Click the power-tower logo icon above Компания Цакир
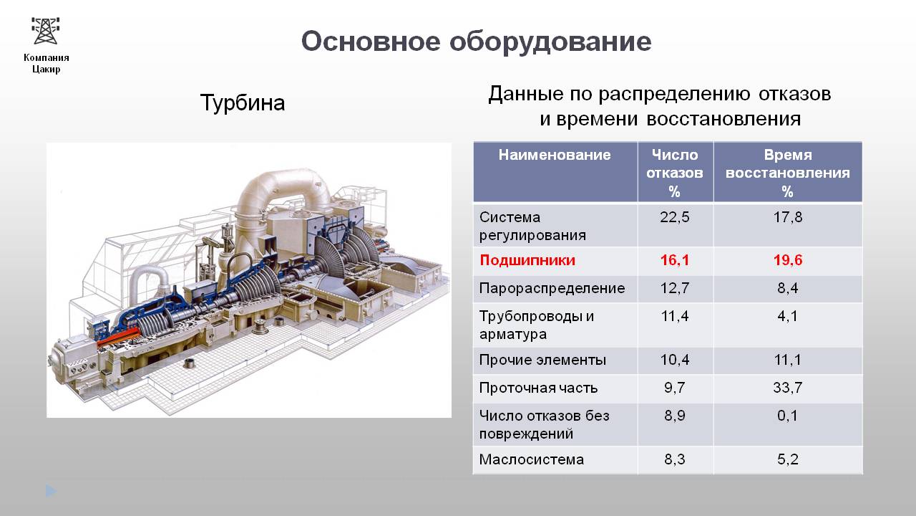(x=46, y=30)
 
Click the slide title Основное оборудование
(x=476, y=42)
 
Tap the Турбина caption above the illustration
(x=243, y=102)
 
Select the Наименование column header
(x=555, y=155)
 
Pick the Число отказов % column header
(x=675, y=173)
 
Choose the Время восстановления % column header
(x=788, y=173)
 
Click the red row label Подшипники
(x=527, y=260)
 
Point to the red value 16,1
(x=675, y=260)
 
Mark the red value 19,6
(x=788, y=260)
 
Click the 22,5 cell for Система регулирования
(x=675, y=217)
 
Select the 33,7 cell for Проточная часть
(x=788, y=388)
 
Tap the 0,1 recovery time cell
(x=788, y=416)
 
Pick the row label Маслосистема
(x=532, y=459)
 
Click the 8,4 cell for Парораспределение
(x=788, y=288)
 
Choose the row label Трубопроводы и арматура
(x=537, y=325)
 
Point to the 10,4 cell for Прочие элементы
(x=675, y=360)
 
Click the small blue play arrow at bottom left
(x=51, y=491)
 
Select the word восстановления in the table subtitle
(x=723, y=119)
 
